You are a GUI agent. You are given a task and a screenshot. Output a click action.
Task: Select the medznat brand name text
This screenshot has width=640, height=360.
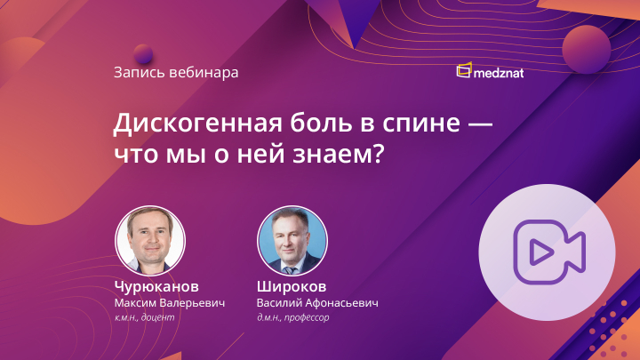click(507, 71)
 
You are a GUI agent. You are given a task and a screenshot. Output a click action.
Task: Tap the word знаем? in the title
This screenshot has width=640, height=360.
click(340, 152)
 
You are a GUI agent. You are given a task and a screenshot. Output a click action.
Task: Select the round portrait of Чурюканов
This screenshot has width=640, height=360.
click(150, 241)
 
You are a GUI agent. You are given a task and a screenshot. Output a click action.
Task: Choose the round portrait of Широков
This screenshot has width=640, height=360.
click(292, 241)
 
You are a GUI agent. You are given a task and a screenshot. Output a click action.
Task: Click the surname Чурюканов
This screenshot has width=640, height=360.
click(156, 287)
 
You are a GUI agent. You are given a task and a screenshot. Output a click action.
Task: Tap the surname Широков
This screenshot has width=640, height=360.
click(292, 287)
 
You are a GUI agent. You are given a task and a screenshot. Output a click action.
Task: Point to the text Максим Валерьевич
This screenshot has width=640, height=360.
click(170, 303)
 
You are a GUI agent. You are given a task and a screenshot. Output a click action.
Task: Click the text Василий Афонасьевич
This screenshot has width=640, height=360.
click(317, 303)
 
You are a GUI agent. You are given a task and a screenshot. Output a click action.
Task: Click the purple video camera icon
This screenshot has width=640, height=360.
click(546, 252)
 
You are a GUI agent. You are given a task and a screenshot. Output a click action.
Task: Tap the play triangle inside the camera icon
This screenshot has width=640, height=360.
click(538, 253)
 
